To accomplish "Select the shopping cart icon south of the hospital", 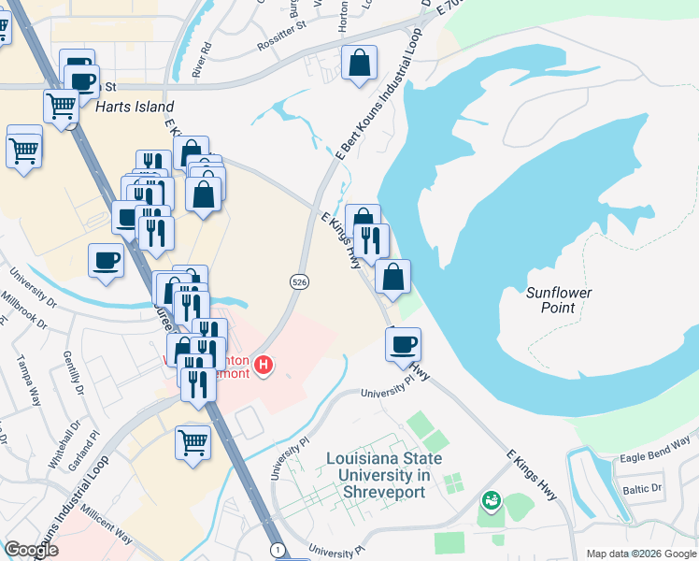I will (x=193, y=442).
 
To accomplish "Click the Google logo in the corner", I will (x=31, y=550).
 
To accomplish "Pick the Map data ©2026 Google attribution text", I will (x=640, y=554).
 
